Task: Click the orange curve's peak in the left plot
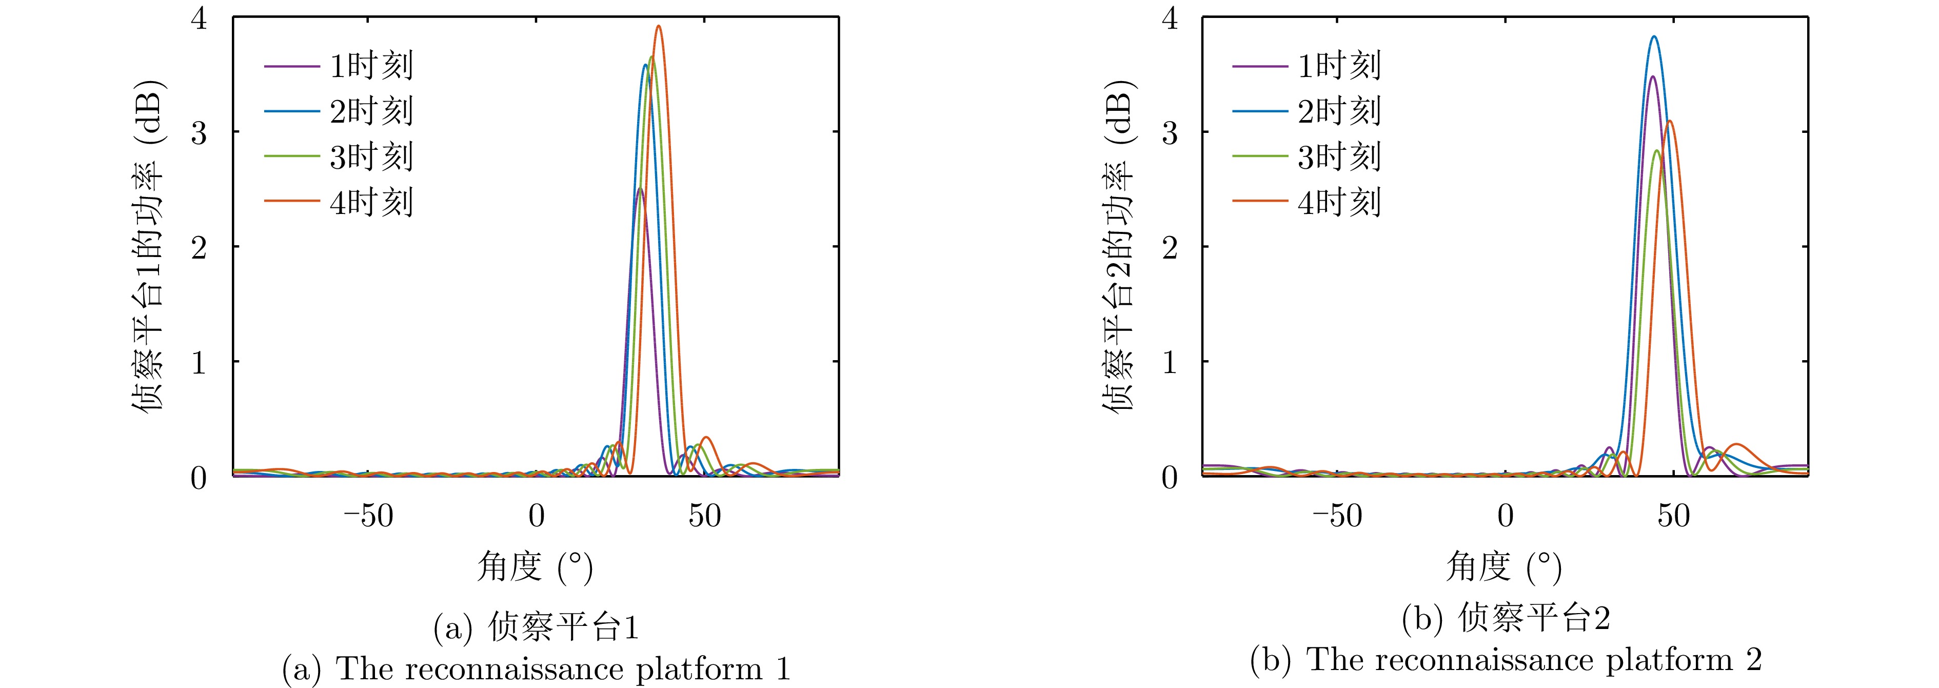pyautogui.click(x=659, y=26)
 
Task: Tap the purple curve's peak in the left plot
pyautogui.click(x=640, y=188)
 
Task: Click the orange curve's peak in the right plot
pyautogui.click(x=1670, y=121)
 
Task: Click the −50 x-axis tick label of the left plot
pyautogui.click(x=369, y=516)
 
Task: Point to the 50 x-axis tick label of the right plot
pyautogui.click(x=1673, y=516)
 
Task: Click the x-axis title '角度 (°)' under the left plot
pyautogui.click(x=535, y=567)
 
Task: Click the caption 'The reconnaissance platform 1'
pyautogui.click(x=536, y=669)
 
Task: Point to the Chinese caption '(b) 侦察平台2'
pyautogui.click(x=1506, y=619)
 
